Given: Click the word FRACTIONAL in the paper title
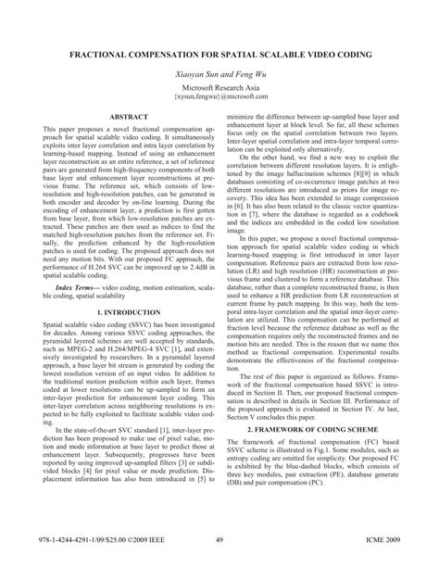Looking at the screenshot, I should [82, 56].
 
